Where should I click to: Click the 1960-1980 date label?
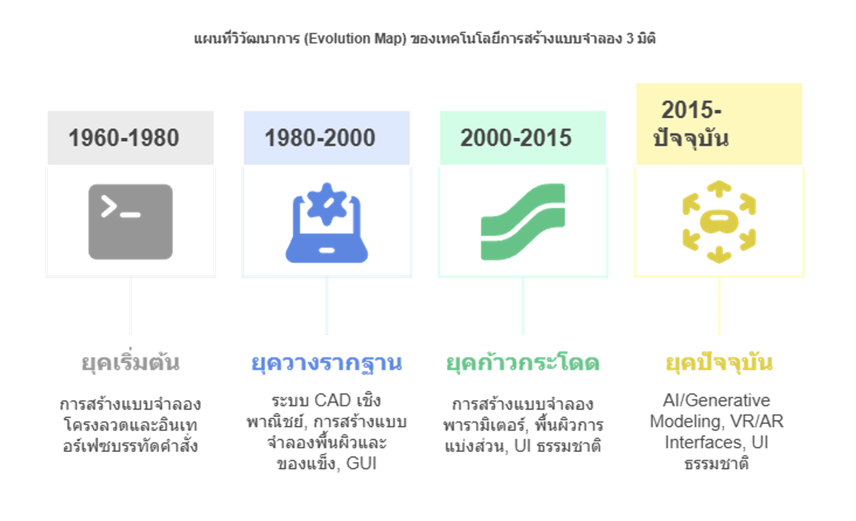pyautogui.click(x=124, y=137)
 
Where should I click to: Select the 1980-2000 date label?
pyautogui.click(x=320, y=137)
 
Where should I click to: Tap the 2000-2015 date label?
pyautogui.click(x=516, y=137)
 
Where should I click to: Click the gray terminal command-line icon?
pyautogui.click(x=131, y=222)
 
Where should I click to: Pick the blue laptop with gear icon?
pyautogui.click(x=327, y=223)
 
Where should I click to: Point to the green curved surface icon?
pyautogui.click(x=523, y=222)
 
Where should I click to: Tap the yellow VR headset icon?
pyautogui.click(x=719, y=222)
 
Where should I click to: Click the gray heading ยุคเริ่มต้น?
pyautogui.click(x=131, y=362)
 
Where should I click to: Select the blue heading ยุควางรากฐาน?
pyautogui.click(x=327, y=362)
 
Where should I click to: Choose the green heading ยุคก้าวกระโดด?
pyautogui.click(x=523, y=362)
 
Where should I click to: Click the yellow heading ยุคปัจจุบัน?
pyautogui.click(x=719, y=362)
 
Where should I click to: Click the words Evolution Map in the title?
pyautogui.click(x=356, y=39)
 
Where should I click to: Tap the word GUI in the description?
pyautogui.click(x=362, y=464)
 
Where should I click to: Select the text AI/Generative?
pyautogui.click(x=717, y=401)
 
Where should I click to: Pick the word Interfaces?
pyautogui.click(x=704, y=442)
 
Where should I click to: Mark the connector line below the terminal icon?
pyautogui.click(x=131, y=306)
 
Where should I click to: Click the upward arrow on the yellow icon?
pyautogui.click(x=719, y=188)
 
